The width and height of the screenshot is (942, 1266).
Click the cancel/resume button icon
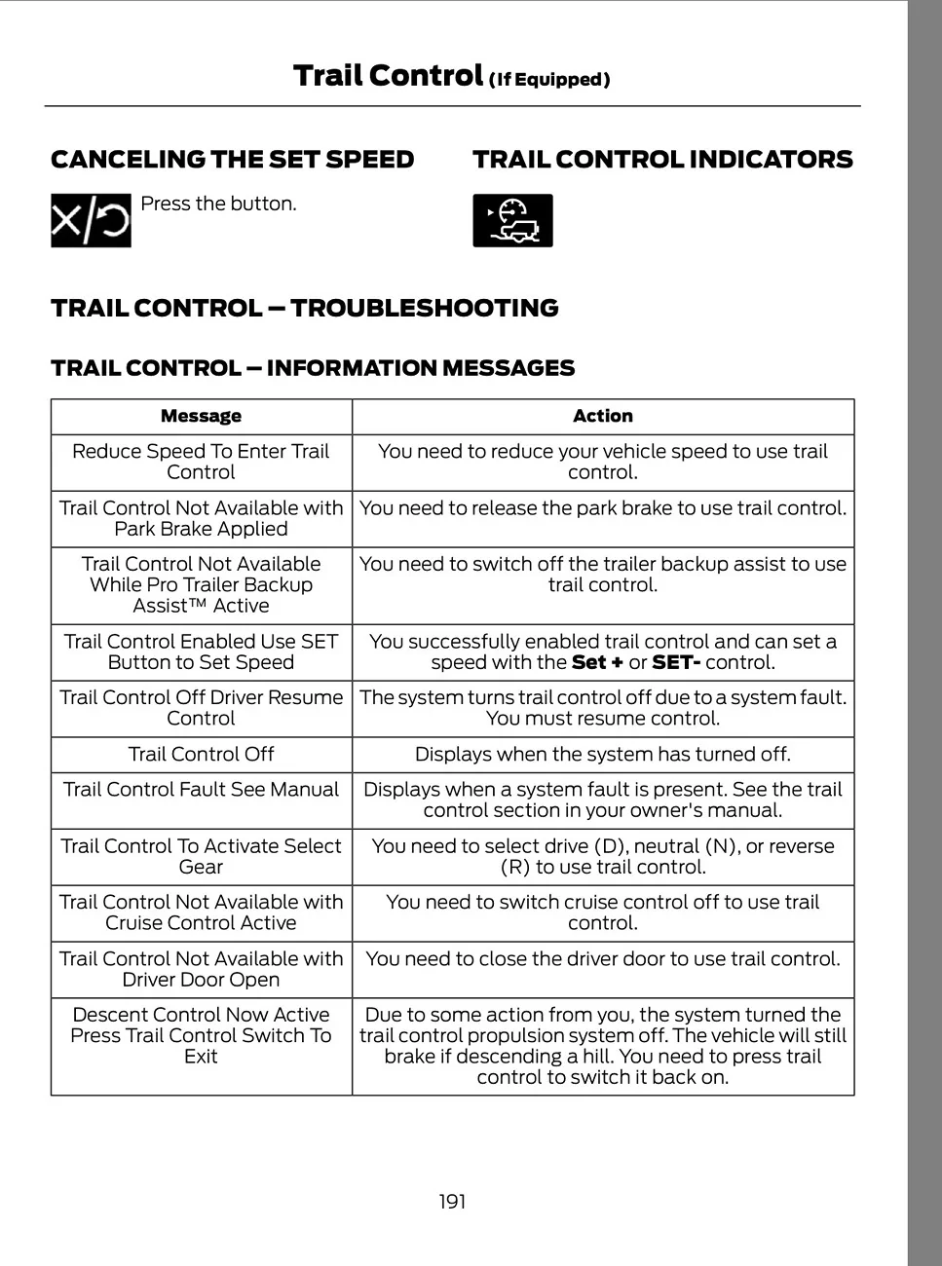click(91, 220)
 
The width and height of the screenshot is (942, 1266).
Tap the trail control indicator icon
click(512, 220)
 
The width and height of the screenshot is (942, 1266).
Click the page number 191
click(452, 1201)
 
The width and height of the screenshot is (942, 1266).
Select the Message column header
click(201, 416)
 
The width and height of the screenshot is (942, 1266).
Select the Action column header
click(602, 416)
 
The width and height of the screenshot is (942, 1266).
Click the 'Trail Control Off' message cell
click(201, 754)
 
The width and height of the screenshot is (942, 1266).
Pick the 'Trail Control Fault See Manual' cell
click(201, 790)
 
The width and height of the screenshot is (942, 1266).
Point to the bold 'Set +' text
click(597, 662)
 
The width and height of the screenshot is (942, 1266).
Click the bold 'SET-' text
click(676, 662)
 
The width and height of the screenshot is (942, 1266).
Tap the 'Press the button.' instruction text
click(218, 204)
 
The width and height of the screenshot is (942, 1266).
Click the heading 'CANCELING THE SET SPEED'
click(232, 159)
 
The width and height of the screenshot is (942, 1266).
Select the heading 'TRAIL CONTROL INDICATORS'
click(662, 159)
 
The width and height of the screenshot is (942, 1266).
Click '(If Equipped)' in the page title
click(549, 79)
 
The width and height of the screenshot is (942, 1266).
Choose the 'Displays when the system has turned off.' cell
click(602, 754)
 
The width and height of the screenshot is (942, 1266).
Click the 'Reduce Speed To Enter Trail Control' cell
click(201, 462)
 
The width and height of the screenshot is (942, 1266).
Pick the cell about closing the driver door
click(602, 958)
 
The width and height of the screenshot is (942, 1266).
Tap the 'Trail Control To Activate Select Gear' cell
click(201, 856)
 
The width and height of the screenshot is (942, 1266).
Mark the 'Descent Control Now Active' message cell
click(201, 1035)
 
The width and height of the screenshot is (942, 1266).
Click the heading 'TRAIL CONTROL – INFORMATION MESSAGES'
click(313, 368)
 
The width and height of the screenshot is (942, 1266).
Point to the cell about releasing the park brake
click(602, 507)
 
